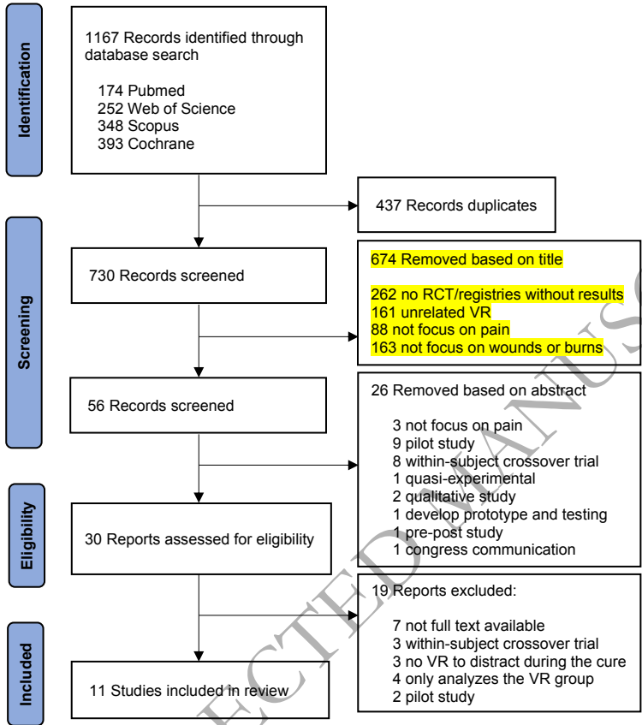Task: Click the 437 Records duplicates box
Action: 457,205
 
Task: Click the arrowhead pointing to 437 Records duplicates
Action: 353,205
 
